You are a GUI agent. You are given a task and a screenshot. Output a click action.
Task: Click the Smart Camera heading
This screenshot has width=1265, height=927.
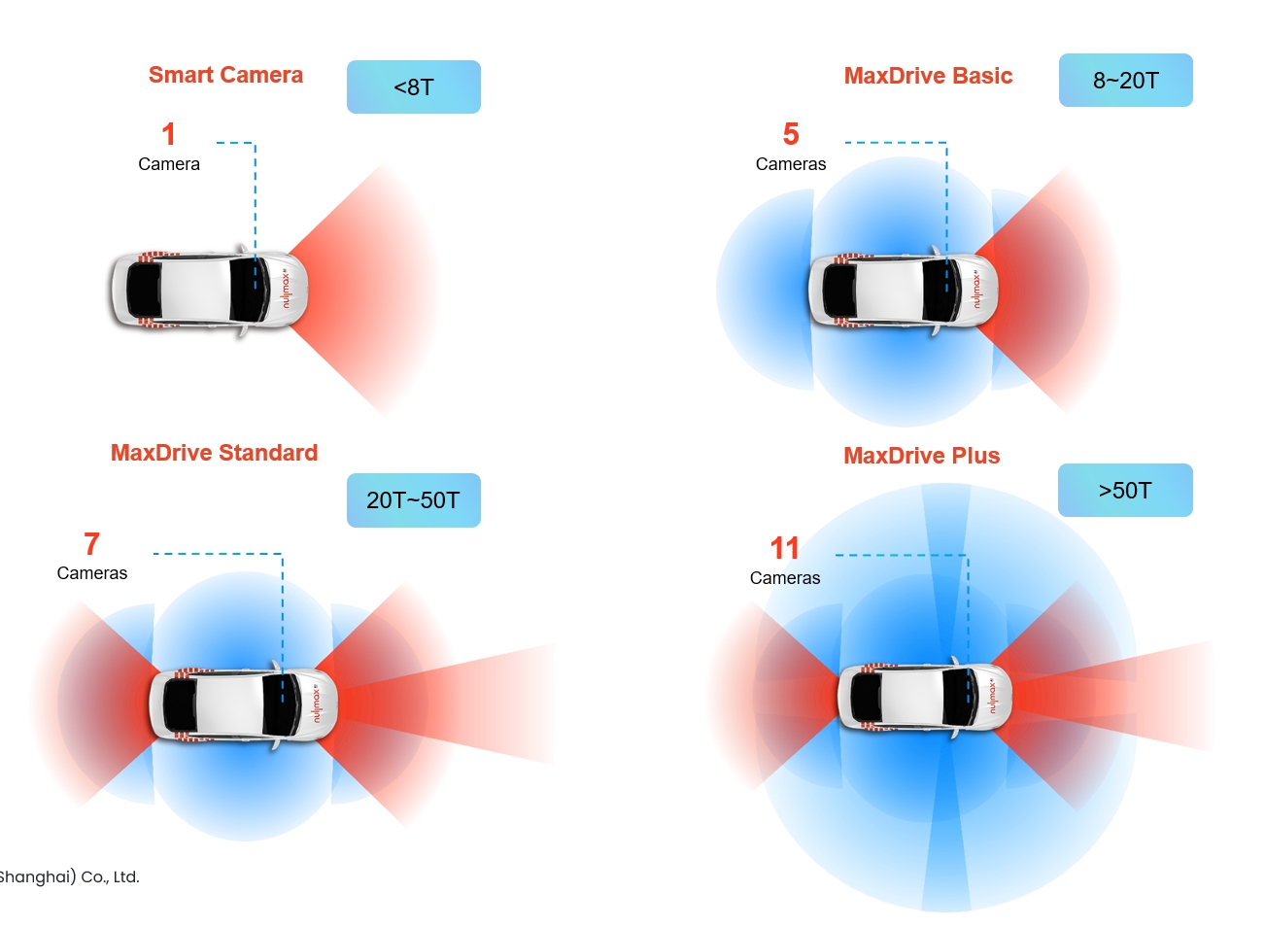pyautogui.click(x=225, y=75)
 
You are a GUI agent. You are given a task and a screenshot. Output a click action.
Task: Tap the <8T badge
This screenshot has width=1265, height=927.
pyautogui.click(x=413, y=87)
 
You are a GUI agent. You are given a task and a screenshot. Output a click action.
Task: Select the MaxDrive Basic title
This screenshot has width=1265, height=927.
pyautogui.click(x=928, y=76)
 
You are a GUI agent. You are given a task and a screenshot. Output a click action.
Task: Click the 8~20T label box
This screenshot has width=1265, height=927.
pyautogui.click(x=1125, y=81)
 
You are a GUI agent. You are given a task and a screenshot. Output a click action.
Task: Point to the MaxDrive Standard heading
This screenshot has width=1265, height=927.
pyautogui.click(x=214, y=453)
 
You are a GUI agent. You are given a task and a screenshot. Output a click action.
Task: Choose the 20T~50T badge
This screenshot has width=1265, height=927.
pyautogui.click(x=413, y=500)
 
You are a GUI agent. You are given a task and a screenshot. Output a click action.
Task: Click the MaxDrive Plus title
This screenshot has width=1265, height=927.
pyautogui.click(x=921, y=456)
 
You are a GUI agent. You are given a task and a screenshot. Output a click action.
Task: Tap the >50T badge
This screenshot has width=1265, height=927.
pyautogui.click(x=1124, y=491)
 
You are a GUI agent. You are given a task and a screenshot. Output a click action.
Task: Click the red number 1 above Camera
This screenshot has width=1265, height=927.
pyautogui.click(x=169, y=134)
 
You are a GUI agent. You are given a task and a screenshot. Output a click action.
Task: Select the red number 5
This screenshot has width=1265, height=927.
pyautogui.click(x=791, y=134)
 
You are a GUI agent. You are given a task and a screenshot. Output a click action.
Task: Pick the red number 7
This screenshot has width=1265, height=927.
pyautogui.click(x=91, y=544)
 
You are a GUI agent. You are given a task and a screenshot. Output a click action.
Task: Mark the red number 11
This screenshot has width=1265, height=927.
pyautogui.click(x=784, y=548)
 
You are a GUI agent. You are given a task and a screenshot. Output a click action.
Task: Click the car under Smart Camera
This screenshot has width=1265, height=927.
pyautogui.click(x=209, y=290)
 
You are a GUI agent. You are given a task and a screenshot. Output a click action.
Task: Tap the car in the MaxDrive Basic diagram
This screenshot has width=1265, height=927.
pyautogui.click(x=903, y=290)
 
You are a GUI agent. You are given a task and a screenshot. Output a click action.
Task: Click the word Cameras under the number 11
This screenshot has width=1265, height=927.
pyautogui.click(x=785, y=578)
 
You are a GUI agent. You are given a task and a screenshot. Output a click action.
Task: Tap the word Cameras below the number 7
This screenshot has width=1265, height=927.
pyautogui.click(x=92, y=573)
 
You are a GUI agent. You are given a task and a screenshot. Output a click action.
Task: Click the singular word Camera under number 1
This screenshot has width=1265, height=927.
pyautogui.click(x=169, y=164)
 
